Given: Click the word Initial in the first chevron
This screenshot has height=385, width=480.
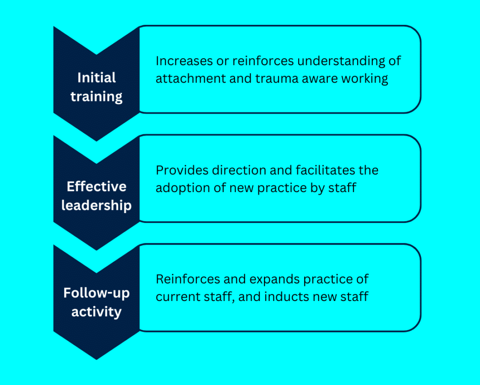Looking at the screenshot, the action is pos(97,77).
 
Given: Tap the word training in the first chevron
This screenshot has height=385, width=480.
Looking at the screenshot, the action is pos(97,97).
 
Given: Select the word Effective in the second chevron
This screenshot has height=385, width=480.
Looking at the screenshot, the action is pos(97,186).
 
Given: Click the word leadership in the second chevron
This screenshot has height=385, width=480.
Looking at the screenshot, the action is pos(97,206).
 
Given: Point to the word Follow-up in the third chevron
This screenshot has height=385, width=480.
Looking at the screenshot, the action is pos(97,293).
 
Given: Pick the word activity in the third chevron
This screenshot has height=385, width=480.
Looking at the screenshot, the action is pos(97,312).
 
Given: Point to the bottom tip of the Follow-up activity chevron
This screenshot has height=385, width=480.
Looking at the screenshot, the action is pos(97,360).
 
